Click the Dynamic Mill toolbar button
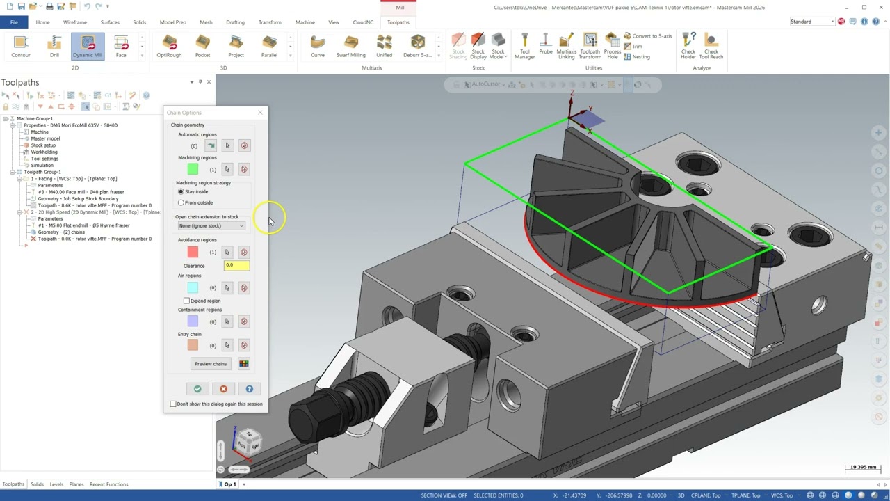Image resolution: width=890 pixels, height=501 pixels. (x=88, y=46)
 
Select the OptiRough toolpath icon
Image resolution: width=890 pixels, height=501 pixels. (x=169, y=46)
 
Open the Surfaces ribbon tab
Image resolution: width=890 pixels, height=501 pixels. (x=110, y=22)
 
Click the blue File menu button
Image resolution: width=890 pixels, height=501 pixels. (x=14, y=22)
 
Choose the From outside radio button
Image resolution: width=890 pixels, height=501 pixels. (x=181, y=202)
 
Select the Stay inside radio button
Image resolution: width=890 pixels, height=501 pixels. (x=181, y=191)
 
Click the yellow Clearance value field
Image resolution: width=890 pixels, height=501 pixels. (x=236, y=265)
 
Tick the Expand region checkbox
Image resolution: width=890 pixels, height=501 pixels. (x=186, y=301)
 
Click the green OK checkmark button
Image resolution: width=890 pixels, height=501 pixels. (x=197, y=389)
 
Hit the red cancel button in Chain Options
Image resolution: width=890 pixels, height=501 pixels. (x=223, y=389)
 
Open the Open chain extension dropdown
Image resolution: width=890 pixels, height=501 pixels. (x=211, y=225)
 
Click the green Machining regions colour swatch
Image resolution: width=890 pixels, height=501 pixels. (x=193, y=169)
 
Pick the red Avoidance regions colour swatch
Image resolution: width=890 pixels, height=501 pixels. (x=193, y=252)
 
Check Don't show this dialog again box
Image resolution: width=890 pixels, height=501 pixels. (x=173, y=404)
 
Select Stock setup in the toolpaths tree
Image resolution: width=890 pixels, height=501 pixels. (x=43, y=145)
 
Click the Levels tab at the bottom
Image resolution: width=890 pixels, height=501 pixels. (x=56, y=484)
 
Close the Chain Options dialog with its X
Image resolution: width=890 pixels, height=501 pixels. (x=260, y=113)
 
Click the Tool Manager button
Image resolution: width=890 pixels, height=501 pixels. (x=525, y=46)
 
